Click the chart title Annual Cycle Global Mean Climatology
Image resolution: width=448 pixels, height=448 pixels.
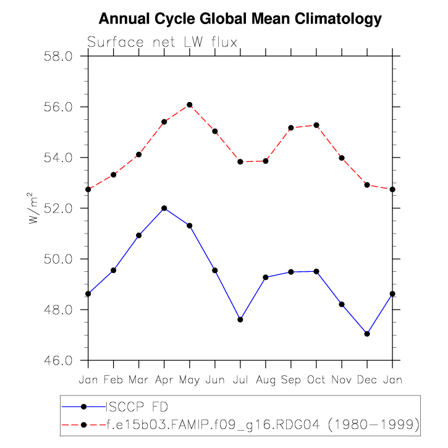[x=240, y=19]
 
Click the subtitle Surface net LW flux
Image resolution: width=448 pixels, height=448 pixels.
[x=163, y=43]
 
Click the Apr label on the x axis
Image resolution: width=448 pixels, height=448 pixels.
[x=164, y=379]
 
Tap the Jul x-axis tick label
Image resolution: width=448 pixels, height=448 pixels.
[x=240, y=379]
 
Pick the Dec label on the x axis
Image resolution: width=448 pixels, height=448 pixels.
[x=367, y=379]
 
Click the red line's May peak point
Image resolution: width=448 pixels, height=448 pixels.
[x=190, y=104]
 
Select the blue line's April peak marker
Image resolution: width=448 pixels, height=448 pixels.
[x=164, y=208]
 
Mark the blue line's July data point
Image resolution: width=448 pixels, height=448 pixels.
[x=240, y=319]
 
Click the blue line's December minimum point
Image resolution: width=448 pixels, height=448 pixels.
[x=367, y=334]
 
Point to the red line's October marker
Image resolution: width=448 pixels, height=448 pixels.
[x=316, y=125]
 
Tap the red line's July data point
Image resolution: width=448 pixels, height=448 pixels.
[x=240, y=161]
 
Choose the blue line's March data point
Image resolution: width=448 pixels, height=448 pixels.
[x=138, y=235]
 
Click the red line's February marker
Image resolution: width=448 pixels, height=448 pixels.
[x=114, y=175]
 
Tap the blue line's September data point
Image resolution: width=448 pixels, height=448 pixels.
[x=291, y=272]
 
